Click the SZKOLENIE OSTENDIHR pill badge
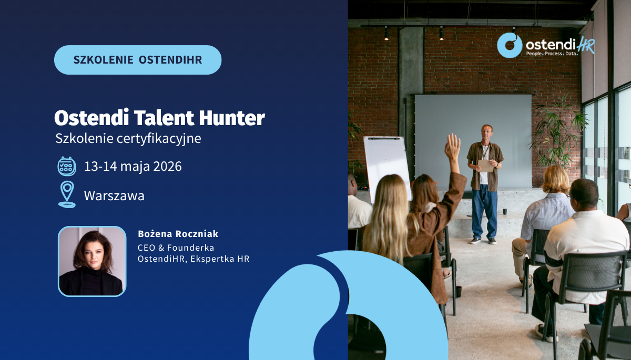138,60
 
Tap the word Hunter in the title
232,118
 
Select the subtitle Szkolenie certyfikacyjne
128,139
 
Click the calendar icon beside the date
67,167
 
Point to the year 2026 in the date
167,167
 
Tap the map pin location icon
67,194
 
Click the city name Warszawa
114,196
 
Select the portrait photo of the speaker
92,261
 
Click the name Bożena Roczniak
178,234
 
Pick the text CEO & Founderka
176,248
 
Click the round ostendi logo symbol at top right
510,45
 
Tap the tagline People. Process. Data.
552,54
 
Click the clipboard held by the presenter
486,166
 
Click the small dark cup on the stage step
505,211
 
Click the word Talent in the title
164,118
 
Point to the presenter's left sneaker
492,241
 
